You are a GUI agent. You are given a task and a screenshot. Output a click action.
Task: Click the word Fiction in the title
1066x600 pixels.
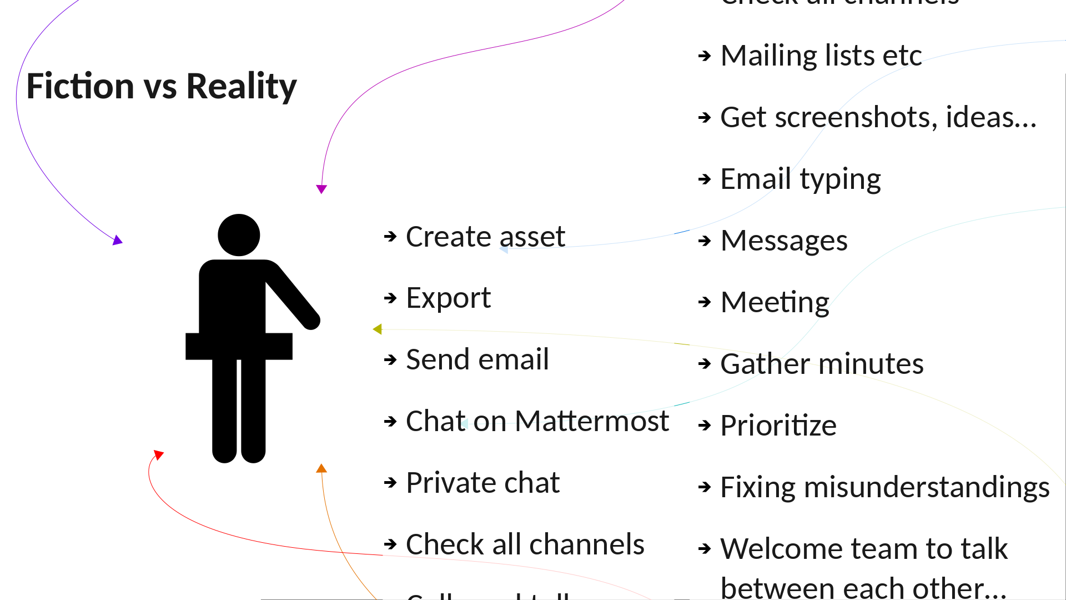(81, 86)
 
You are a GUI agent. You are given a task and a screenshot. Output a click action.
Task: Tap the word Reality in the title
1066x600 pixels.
(242, 87)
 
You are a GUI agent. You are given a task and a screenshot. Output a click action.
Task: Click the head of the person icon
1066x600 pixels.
(239, 235)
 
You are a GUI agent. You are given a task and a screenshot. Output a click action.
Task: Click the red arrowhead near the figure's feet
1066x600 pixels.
(158, 455)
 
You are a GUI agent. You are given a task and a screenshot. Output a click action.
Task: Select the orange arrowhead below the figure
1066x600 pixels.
(321, 468)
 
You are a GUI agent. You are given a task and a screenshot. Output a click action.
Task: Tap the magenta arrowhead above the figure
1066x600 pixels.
(321, 189)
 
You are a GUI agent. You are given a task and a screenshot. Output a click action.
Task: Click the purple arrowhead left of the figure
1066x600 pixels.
(117, 240)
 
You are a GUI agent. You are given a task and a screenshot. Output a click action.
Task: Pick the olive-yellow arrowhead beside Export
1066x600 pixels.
(378, 329)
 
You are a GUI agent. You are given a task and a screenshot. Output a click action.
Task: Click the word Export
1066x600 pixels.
(448, 298)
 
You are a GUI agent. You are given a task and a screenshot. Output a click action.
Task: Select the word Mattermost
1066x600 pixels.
(591, 421)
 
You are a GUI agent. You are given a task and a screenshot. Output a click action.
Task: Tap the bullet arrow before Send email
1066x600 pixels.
(390, 359)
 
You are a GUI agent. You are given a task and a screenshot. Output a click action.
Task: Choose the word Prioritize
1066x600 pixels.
(778, 426)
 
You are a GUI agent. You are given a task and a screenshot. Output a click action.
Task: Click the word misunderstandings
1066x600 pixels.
(926, 487)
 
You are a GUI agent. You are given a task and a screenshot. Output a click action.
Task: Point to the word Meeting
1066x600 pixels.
(775, 303)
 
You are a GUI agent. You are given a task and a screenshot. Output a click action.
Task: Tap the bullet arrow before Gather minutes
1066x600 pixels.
(705, 364)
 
